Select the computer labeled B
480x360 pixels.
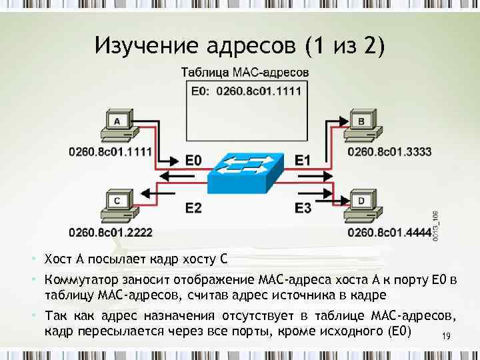click(361, 127)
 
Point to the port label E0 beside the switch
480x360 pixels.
click(193, 161)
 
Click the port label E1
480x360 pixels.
click(303, 161)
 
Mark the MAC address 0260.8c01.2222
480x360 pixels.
click(111, 233)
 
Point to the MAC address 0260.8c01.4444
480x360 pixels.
click(389, 233)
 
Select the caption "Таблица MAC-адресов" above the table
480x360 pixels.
click(245, 71)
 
